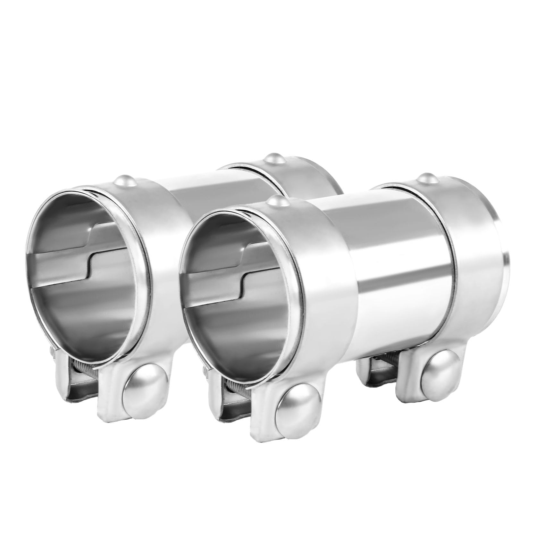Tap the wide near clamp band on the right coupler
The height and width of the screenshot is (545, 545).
[x=321, y=289]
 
